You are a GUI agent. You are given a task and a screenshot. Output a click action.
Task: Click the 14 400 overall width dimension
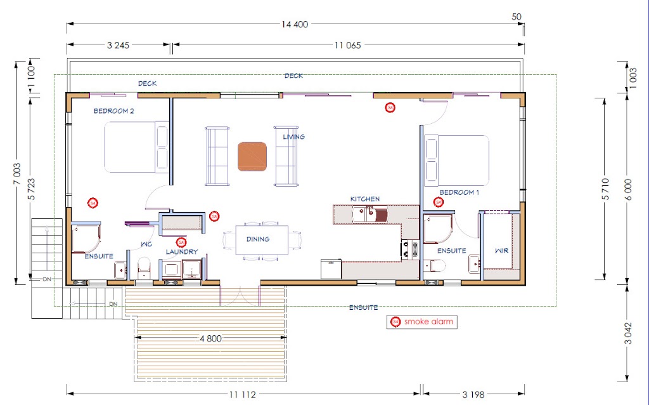295,25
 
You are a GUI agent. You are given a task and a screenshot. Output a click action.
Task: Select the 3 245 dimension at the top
118,45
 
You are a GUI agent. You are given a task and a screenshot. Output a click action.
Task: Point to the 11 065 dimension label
348,45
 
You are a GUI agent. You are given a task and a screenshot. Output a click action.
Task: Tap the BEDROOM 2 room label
114,111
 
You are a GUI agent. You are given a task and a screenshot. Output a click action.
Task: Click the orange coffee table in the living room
252,156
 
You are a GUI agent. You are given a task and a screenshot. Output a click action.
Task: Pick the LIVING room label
294,136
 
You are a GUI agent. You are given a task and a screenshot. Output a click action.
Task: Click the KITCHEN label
365,199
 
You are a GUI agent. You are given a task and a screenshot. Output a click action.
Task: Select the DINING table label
258,239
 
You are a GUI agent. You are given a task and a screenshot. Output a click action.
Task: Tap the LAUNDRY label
182,251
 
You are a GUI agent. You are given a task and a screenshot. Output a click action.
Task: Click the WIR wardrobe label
502,251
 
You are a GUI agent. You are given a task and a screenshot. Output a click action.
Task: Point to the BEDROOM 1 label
459,192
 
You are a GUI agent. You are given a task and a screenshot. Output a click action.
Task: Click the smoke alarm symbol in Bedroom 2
93,203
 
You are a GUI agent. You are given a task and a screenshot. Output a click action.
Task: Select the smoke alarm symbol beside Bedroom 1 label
439,202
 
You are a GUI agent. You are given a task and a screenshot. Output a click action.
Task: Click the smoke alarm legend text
429,322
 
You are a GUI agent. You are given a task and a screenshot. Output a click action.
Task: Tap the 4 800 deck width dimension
210,339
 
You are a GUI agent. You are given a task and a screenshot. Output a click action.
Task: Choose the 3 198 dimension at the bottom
473,395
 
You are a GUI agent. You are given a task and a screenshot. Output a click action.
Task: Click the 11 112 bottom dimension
243,395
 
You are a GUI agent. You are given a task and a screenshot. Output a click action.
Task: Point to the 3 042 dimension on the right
628,333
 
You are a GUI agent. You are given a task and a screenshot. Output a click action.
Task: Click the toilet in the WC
144,267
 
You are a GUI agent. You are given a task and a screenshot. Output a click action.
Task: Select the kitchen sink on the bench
370,215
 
